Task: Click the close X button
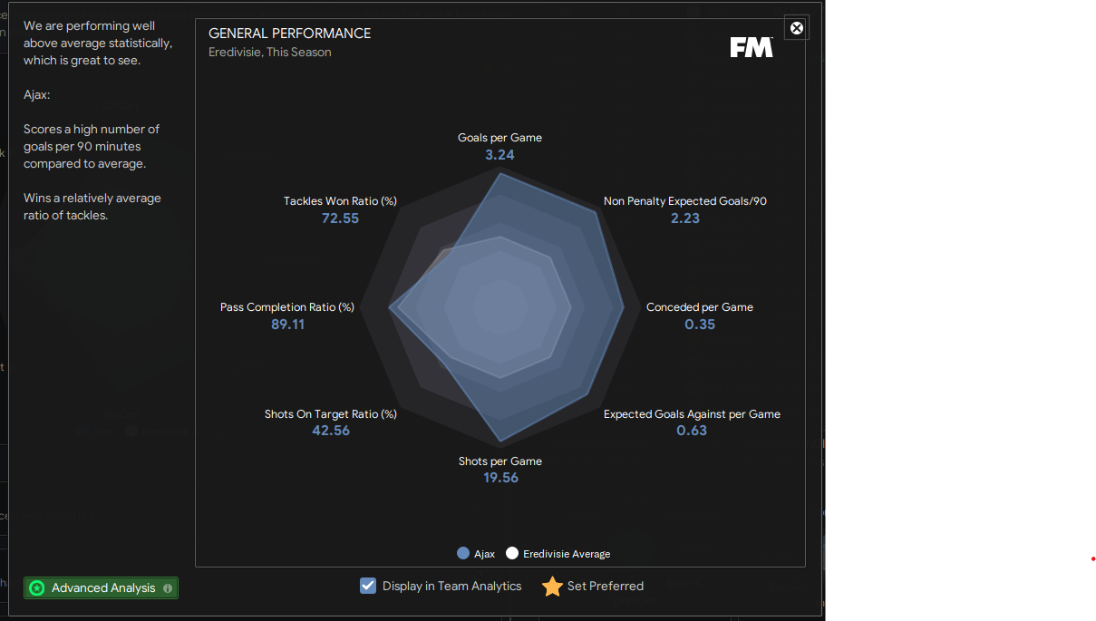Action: pos(797,28)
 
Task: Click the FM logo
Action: pos(752,47)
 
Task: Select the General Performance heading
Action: pos(289,34)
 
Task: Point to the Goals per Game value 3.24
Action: pos(500,155)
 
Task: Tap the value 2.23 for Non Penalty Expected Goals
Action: pos(684,218)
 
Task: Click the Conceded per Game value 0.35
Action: pos(700,325)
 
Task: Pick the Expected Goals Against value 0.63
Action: pos(692,431)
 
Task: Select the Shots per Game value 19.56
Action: pos(500,478)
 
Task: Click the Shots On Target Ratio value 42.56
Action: pos(331,431)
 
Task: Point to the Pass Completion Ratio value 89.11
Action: pos(287,325)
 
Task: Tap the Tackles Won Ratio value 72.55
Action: pos(340,218)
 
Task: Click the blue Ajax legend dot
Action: pos(463,553)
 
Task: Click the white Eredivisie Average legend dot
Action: pos(512,553)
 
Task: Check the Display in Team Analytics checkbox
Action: pos(368,586)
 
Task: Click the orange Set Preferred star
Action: pos(552,587)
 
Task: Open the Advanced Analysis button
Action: pos(102,588)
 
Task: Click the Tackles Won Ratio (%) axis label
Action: pos(340,201)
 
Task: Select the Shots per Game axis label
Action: pos(500,461)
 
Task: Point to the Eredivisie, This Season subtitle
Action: pos(270,53)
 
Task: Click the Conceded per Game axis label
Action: pos(700,307)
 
